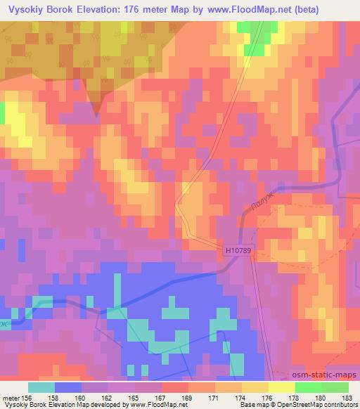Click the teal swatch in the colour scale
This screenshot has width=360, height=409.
(42, 387)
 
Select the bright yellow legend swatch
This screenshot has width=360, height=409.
(281, 387)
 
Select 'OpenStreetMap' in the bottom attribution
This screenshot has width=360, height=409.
(281, 405)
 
